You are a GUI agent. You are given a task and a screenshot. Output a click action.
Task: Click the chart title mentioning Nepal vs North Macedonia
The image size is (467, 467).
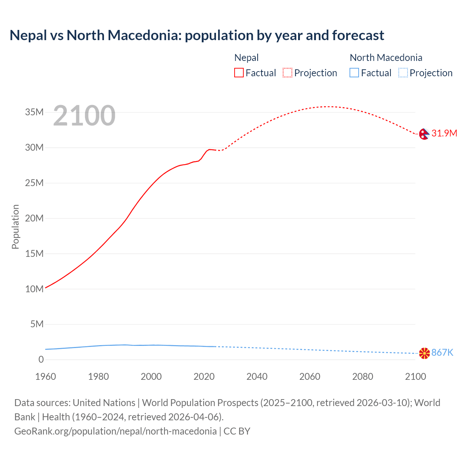tap(197, 35)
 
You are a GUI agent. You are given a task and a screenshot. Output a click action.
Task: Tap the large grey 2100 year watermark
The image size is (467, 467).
tap(84, 116)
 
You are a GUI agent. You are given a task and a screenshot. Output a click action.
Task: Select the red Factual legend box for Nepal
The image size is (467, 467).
tap(239, 73)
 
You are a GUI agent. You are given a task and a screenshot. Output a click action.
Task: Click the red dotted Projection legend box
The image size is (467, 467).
tap(287, 73)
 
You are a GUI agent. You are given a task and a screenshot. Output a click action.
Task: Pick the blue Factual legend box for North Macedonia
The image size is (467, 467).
tap(354, 73)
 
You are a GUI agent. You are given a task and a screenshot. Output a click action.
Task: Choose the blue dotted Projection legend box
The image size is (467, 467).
tap(403, 73)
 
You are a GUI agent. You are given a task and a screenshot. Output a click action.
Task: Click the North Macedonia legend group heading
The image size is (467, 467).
tap(386, 58)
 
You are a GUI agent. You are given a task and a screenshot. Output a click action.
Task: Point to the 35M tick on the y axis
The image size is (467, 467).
tap(34, 112)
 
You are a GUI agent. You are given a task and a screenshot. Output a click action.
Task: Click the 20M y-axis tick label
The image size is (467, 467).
tap(34, 218)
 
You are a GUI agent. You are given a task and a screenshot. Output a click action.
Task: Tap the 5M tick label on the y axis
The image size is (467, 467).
tap(37, 324)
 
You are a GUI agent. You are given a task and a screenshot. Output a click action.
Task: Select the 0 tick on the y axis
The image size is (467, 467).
tap(41, 359)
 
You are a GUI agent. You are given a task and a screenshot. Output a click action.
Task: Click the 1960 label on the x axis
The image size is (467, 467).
tap(46, 377)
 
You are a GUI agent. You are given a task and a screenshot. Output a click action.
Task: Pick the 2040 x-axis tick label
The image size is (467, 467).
tap(257, 377)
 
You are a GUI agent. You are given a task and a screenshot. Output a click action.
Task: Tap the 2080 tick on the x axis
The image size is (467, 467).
tap(363, 377)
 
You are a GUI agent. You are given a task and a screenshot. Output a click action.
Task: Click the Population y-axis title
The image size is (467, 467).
tap(15, 227)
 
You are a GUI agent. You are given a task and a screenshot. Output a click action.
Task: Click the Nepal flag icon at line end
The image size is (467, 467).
tap(424, 134)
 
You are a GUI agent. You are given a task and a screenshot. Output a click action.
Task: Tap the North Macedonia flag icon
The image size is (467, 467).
tap(424, 353)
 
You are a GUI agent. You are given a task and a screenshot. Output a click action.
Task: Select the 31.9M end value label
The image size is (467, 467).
tap(444, 133)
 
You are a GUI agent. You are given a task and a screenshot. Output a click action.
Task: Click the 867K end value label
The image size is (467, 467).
tap(442, 352)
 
